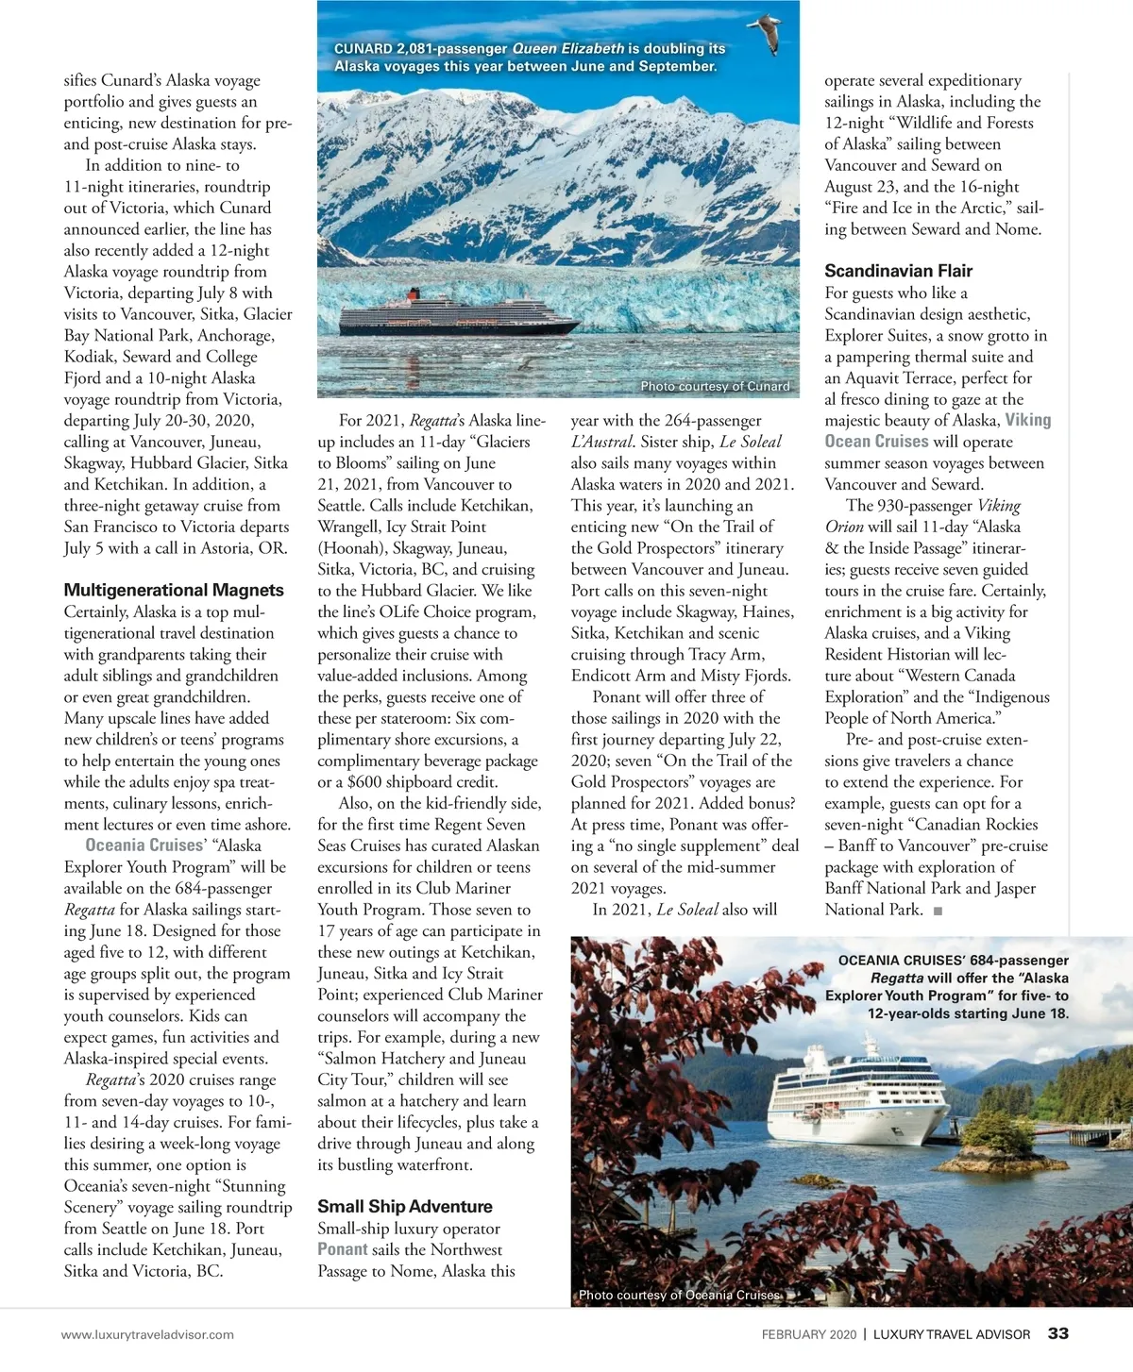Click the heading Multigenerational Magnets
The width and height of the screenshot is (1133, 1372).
pyautogui.click(x=174, y=591)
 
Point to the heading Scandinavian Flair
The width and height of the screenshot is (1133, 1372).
pyautogui.click(x=898, y=271)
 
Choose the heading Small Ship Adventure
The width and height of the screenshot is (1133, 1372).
pyautogui.click(x=405, y=1207)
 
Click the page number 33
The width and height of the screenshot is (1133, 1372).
pyautogui.click(x=1058, y=1333)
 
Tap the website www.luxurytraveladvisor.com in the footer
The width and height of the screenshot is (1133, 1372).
pyautogui.click(x=147, y=1334)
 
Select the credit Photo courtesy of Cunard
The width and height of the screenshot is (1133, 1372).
pyautogui.click(x=715, y=386)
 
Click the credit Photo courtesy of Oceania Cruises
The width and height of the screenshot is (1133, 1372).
pyautogui.click(x=680, y=1295)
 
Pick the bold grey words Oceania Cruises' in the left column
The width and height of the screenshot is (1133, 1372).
pyautogui.click(x=144, y=845)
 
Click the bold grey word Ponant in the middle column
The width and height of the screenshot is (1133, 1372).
pyautogui.click(x=342, y=1249)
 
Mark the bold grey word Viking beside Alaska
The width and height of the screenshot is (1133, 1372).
pyautogui.click(x=1028, y=421)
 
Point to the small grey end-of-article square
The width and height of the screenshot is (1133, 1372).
pyautogui.click(x=938, y=911)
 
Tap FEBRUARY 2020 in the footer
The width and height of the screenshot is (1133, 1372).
pyautogui.click(x=809, y=1334)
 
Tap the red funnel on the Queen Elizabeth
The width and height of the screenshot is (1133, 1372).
pyautogui.click(x=411, y=294)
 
